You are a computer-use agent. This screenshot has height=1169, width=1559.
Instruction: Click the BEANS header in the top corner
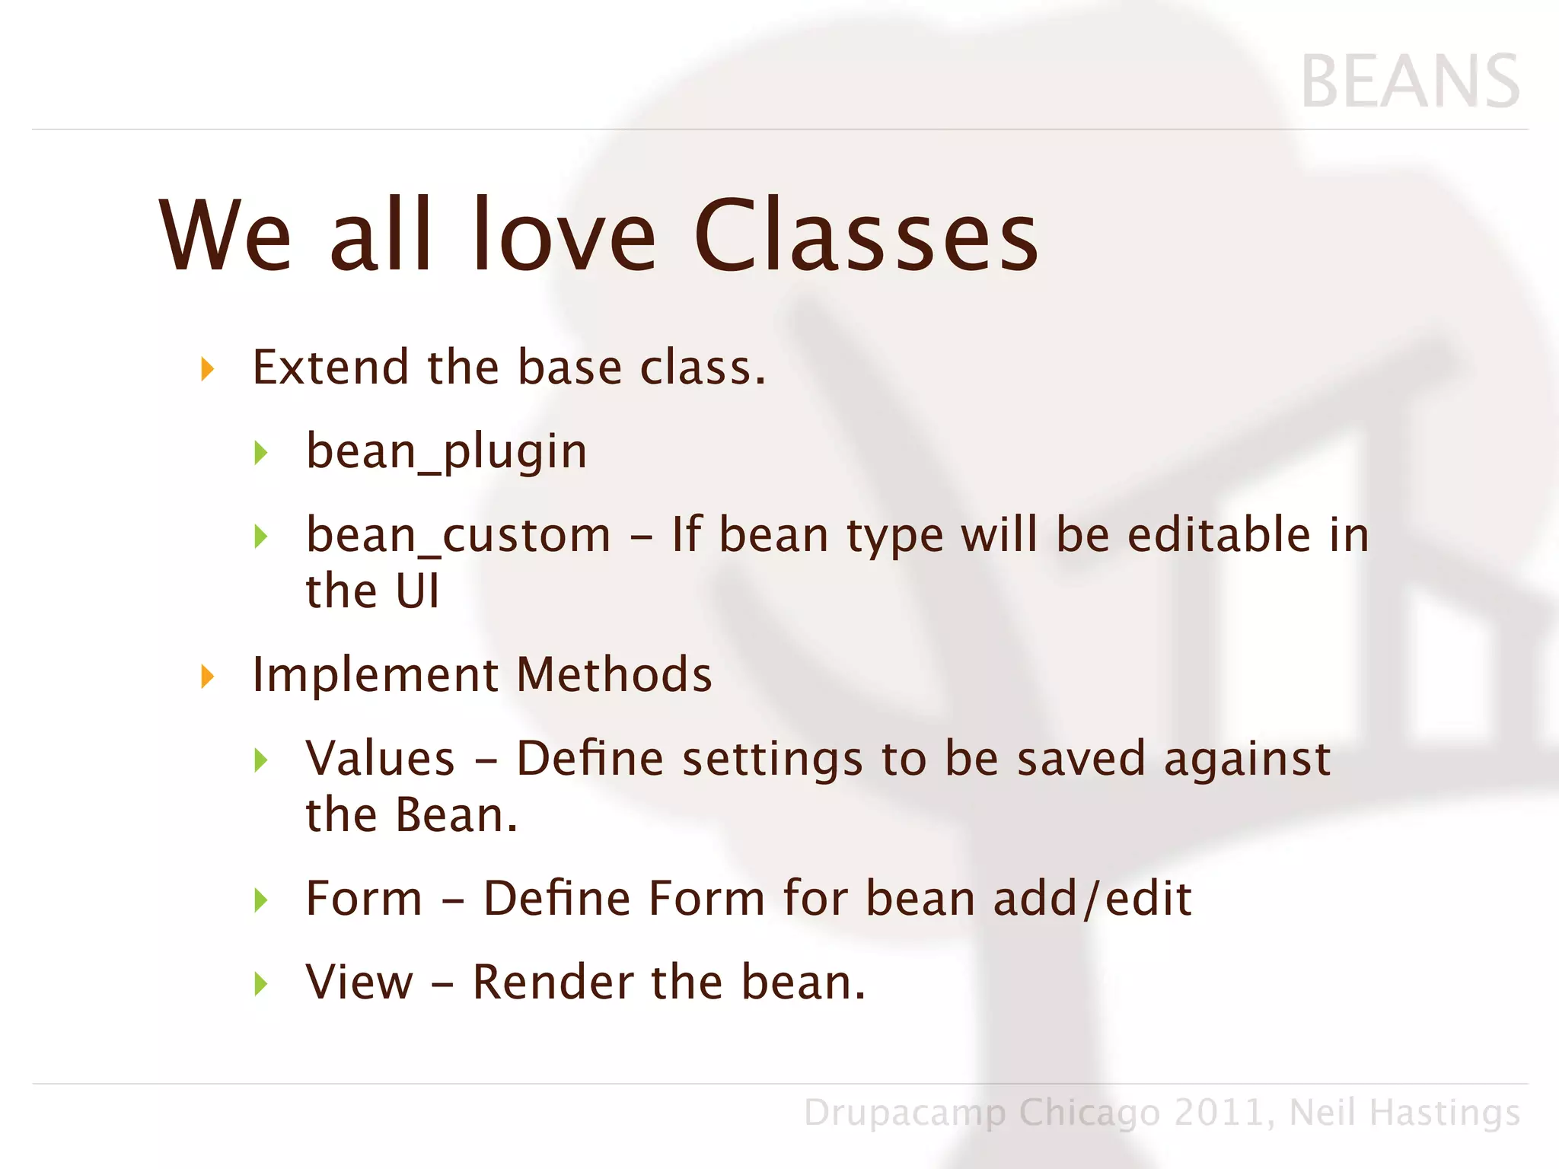pyautogui.click(x=1410, y=82)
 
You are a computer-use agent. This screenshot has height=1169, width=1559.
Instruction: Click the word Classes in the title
pyautogui.click(x=866, y=236)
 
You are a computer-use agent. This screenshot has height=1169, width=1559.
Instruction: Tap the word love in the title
pyautogui.click(x=563, y=236)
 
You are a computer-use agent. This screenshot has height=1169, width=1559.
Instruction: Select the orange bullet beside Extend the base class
pyautogui.click(x=207, y=370)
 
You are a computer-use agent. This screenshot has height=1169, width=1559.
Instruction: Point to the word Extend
pyautogui.click(x=331, y=367)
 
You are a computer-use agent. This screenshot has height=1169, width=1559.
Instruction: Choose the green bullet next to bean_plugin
pyautogui.click(x=261, y=454)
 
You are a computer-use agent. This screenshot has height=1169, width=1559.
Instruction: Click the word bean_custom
pyautogui.click(x=458, y=536)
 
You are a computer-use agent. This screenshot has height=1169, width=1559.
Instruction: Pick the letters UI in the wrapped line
pyautogui.click(x=417, y=591)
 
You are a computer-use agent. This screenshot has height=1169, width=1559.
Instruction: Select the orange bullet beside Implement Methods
pyautogui.click(x=207, y=677)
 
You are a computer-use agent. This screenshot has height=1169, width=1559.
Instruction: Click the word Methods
pyautogui.click(x=614, y=675)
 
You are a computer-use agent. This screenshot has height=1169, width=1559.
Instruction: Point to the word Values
pyautogui.click(x=380, y=759)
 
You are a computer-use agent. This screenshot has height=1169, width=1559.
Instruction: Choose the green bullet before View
pyautogui.click(x=261, y=984)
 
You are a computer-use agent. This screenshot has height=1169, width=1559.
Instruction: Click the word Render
pyautogui.click(x=553, y=983)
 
